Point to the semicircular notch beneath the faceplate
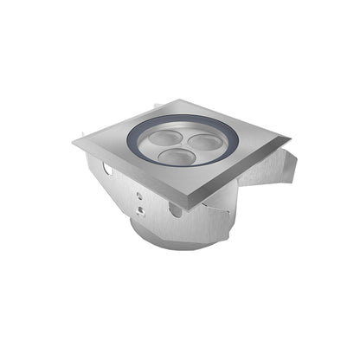tap(177, 209)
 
